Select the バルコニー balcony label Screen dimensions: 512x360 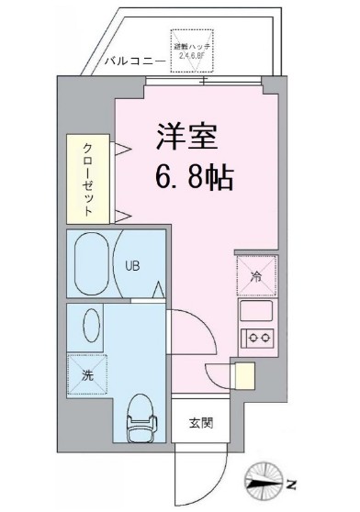coord(135,61)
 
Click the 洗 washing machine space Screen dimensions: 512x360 coord(89,373)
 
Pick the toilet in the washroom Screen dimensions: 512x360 coord(140,418)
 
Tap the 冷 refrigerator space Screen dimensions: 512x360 coord(256,273)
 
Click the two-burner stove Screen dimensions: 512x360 coord(256,338)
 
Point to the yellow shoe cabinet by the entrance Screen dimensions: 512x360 coord(243,376)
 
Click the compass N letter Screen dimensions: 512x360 coord(291,483)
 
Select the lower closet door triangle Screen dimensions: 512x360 coord(120,217)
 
